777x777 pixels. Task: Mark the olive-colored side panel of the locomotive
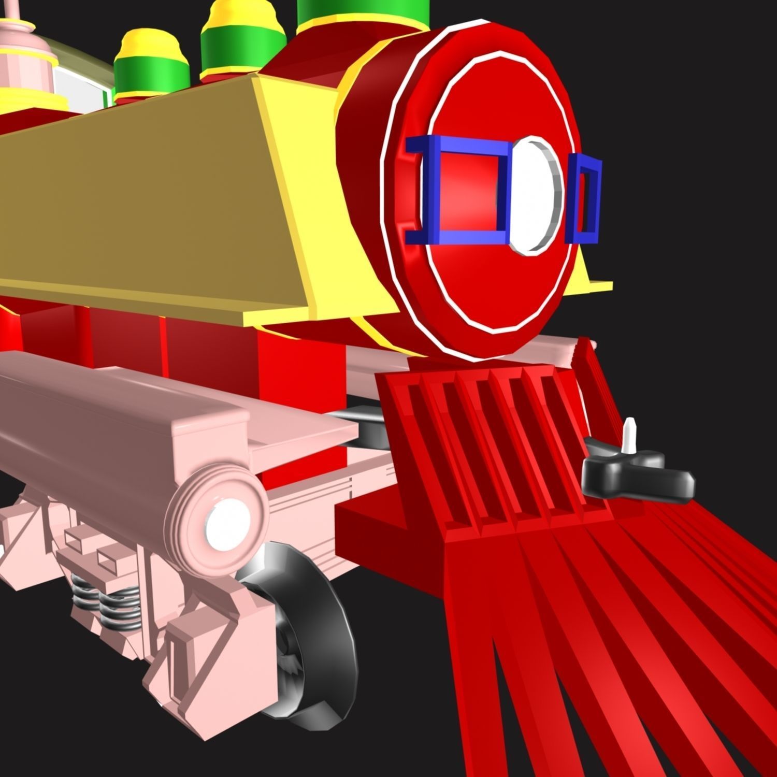pos(145,207)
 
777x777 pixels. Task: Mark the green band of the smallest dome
pos(150,73)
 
